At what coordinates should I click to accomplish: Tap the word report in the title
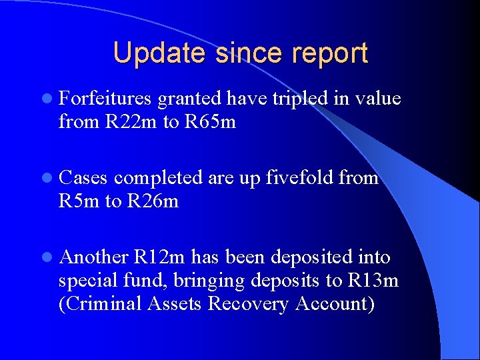click(325, 53)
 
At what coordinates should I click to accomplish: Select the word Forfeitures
click(105, 99)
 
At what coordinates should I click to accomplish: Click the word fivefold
click(300, 178)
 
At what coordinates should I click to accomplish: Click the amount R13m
click(373, 281)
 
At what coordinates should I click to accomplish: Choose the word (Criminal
click(98, 304)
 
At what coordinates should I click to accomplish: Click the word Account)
click(335, 304)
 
